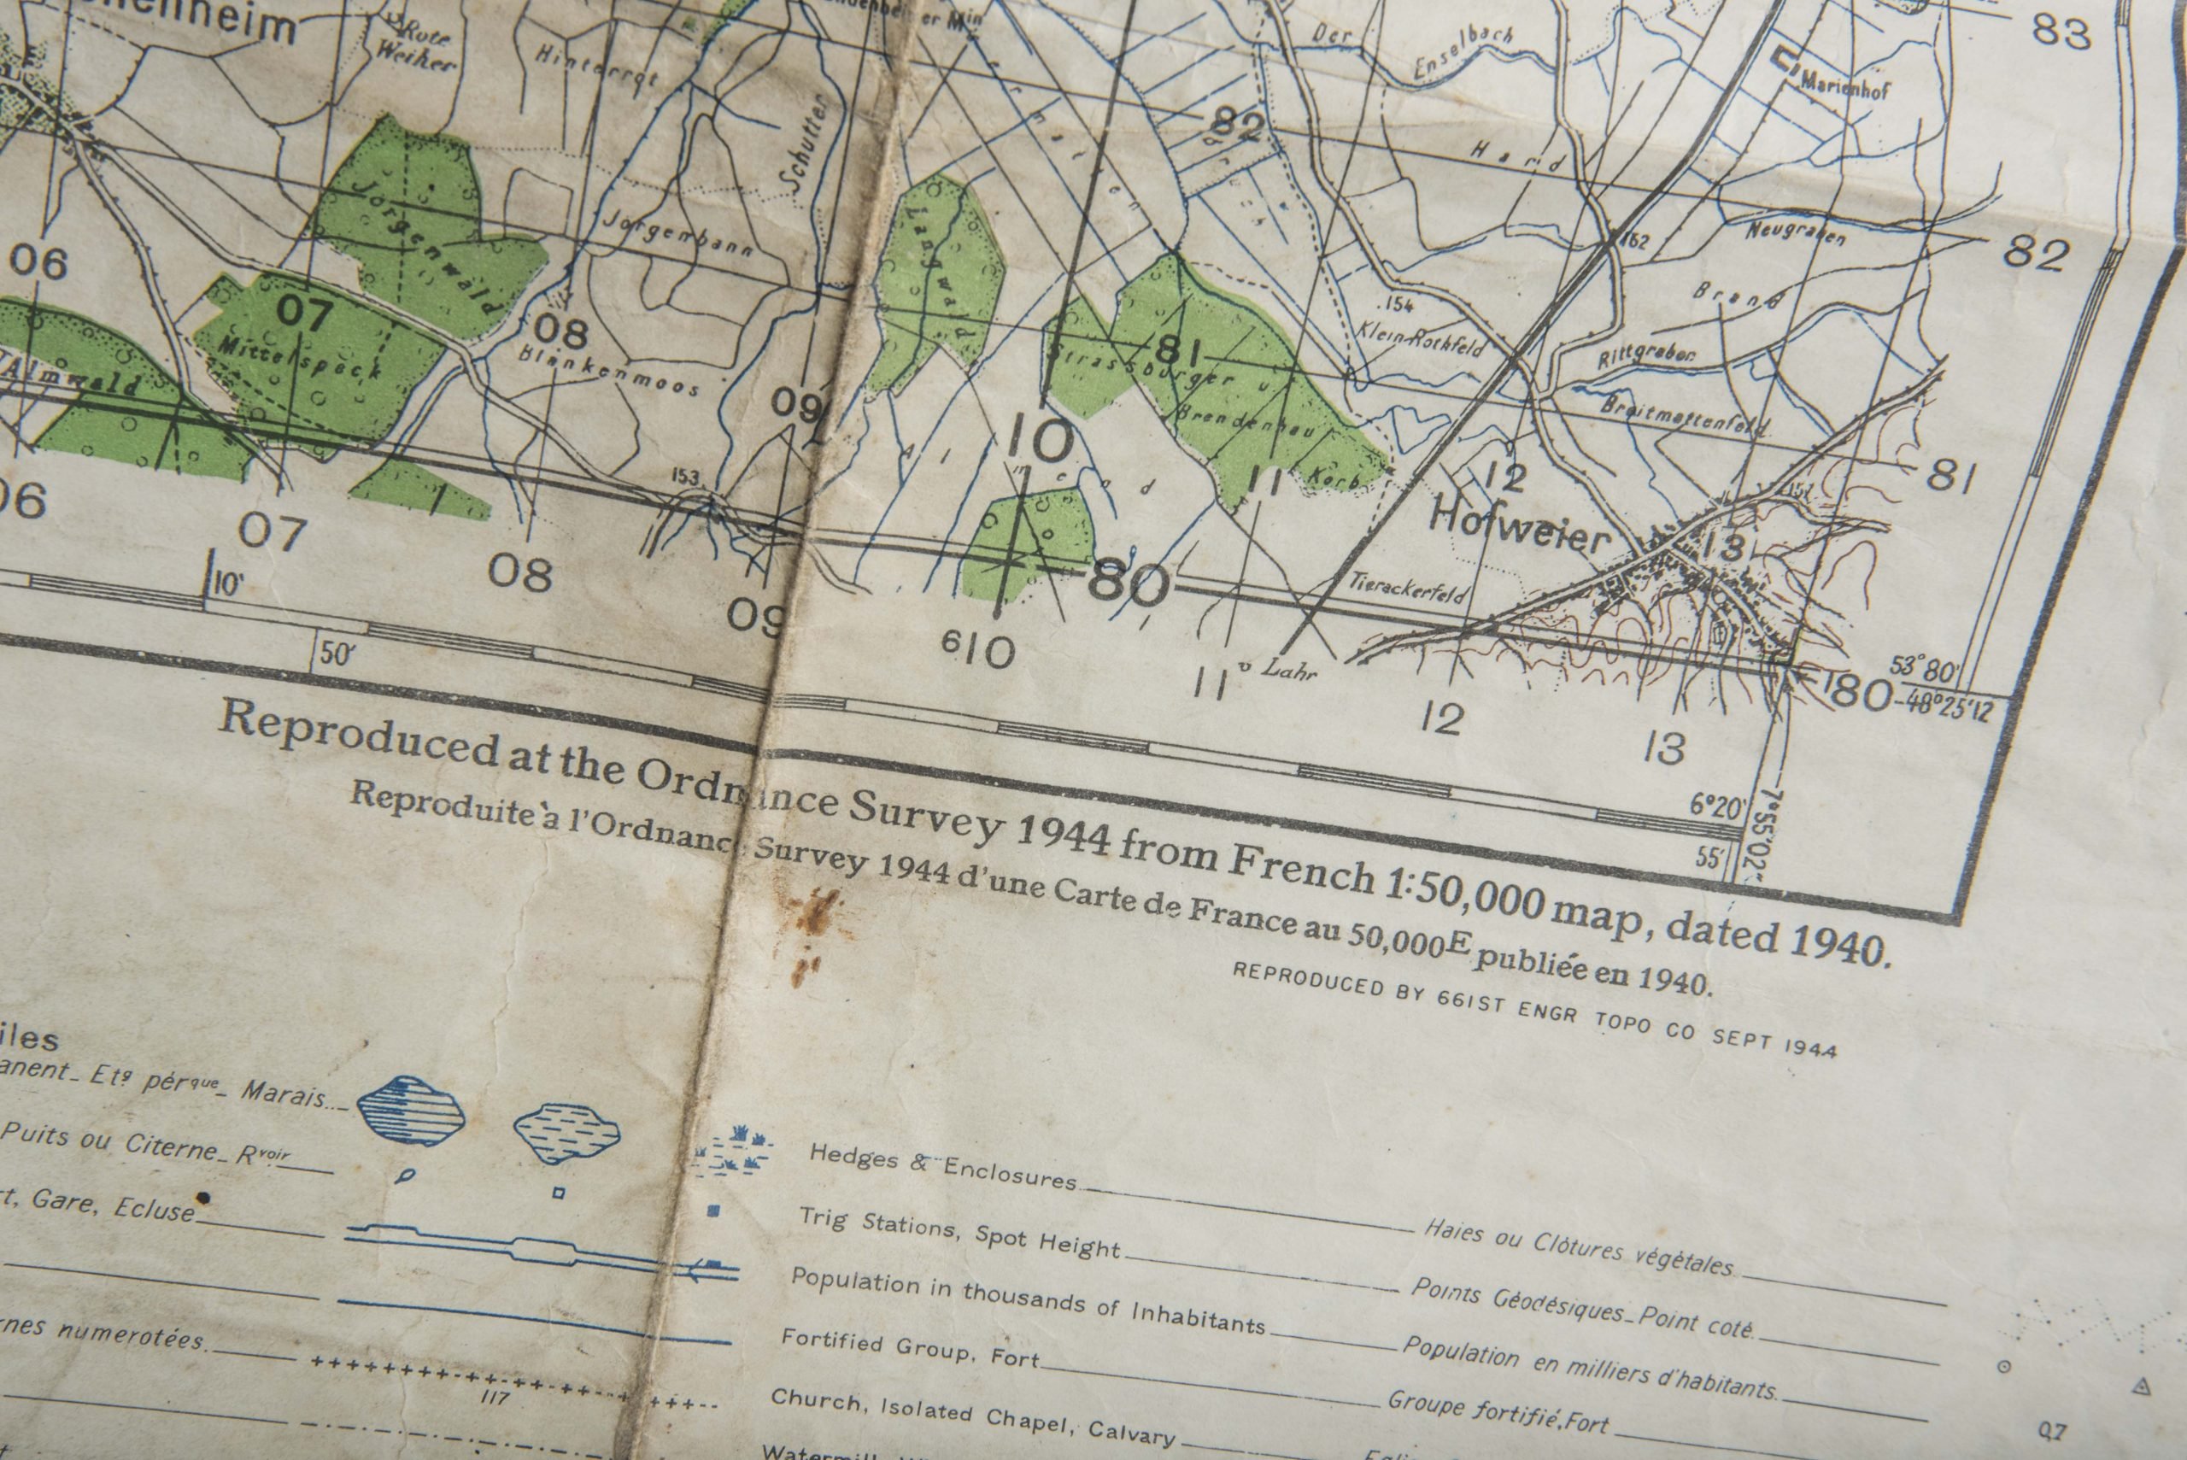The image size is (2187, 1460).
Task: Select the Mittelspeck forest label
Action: [x=300, y=359]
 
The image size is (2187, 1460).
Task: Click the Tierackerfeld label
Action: [x=1408, y=588]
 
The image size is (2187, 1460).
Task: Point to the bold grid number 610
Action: [x=976, y=649]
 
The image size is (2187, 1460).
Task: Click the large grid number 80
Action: [x=1127, y=584]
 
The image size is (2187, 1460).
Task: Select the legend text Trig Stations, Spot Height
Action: [x=959, y=1233]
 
